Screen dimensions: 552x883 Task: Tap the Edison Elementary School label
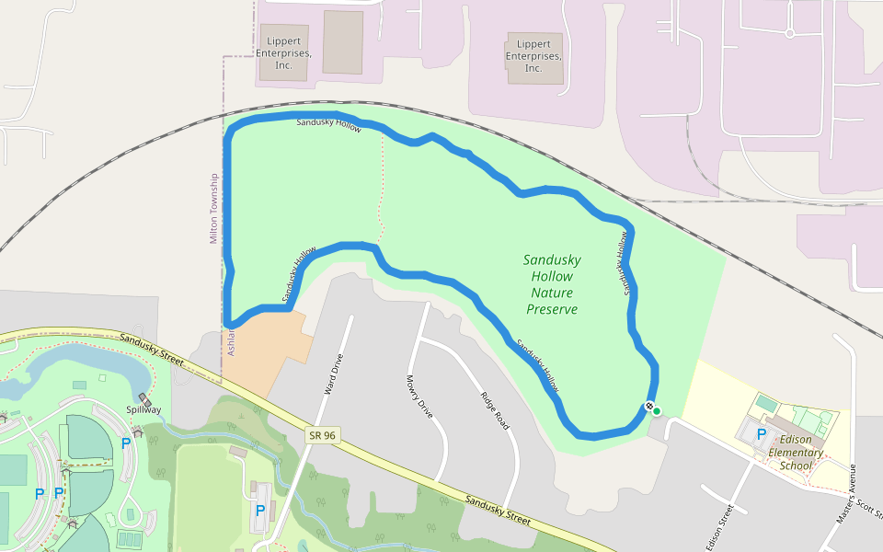coord(796,452)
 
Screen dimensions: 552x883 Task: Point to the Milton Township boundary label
coord(214,209)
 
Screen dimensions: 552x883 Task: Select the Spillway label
coord(143,409)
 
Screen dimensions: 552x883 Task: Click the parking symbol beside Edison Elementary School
coord(762,433)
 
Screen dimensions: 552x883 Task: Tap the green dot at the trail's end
coord(657,410)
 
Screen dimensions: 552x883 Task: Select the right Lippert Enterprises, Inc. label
coord(533,56)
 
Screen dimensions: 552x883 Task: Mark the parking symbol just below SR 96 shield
coord(260,510)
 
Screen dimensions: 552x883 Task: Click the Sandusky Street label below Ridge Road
coord(498,511)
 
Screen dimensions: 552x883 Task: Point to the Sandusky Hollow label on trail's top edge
coord(328,124)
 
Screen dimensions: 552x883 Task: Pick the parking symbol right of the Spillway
coord(126,443)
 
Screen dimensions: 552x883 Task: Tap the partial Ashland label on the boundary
coord(232,340)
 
